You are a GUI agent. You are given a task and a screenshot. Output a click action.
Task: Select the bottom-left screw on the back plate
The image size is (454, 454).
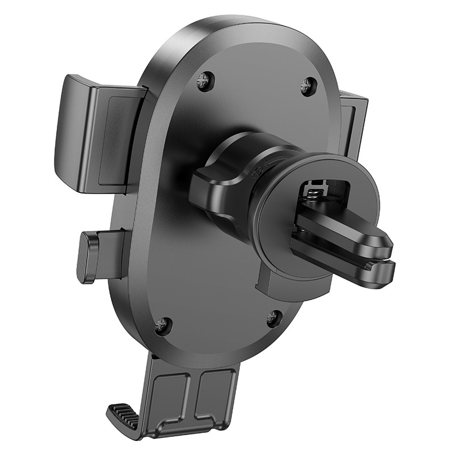click(x=163, y=325)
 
